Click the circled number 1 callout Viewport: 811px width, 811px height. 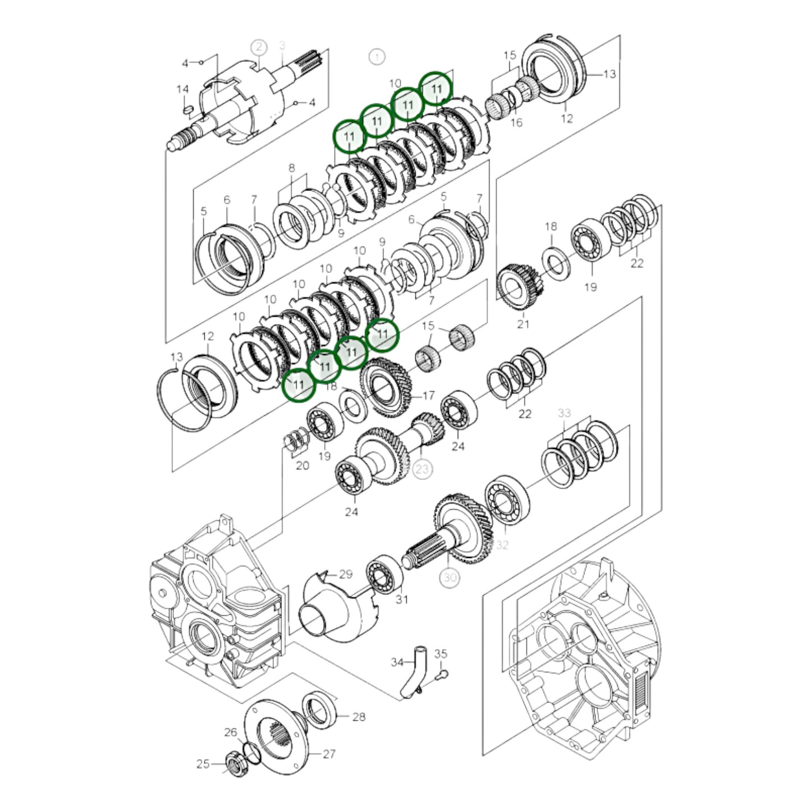pyautogui.click(x=377, y=56)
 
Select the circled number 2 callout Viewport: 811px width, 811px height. pyautogui.click(x=259, y=47)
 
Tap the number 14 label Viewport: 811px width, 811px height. pyautogui.click(x=182, y=89)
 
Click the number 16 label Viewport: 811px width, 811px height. pyautogui.click(x=516, y=122)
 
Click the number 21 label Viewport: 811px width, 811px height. pyautogui.click(x=523, y=324)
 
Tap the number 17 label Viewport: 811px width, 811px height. pyautogui.click(x=428, y=396)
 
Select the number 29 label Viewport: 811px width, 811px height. pyautogui.click(x=346, y=574)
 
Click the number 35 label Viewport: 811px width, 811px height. pyautogui.click(x=441, y=654)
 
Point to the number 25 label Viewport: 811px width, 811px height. pyautogui.click(x=203, y=764)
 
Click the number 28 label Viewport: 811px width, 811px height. pyautogui.click(x=359, y=717)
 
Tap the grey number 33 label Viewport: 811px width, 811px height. pyautogui.click(x=564, y=413)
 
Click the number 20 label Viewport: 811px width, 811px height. pyautogui.click(x=302, y=465)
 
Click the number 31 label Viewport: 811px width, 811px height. pyautogui.click(x=402, y=600)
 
